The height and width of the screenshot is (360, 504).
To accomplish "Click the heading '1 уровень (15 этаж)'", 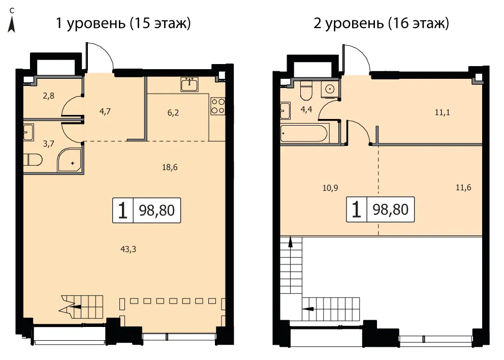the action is [x=123, y=23].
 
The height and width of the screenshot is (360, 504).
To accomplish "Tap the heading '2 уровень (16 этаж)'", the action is [x=381, y=23].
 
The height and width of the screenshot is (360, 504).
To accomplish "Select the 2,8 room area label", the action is [x=49, y=96].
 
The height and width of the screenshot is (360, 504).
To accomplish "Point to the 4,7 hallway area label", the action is [x=105, y=112].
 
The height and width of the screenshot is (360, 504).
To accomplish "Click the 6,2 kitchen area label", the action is [x=173, y=112].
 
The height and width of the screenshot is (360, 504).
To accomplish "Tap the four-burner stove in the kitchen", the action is [x=217, y=106].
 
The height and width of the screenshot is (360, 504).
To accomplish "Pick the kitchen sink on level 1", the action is [x=190, y=84].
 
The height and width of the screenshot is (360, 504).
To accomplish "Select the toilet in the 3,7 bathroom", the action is [x=33, y=160].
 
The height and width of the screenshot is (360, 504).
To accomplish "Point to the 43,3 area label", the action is [x=128, y=249].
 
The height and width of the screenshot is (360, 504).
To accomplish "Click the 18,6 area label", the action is [x=170, y=167].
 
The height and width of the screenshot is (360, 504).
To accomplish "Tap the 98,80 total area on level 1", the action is [x=156, y=211].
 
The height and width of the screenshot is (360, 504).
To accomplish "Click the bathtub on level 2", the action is [x=304, y=133].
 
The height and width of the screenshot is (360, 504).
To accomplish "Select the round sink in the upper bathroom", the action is [x=329, y=88].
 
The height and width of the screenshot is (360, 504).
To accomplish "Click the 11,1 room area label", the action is [x=443, y=112].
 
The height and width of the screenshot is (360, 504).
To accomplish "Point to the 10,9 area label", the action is [x=330, y=188].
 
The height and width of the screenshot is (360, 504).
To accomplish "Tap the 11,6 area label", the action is [x=463, y=187].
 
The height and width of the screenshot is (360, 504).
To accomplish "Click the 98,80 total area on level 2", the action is [x=391, y=209].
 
